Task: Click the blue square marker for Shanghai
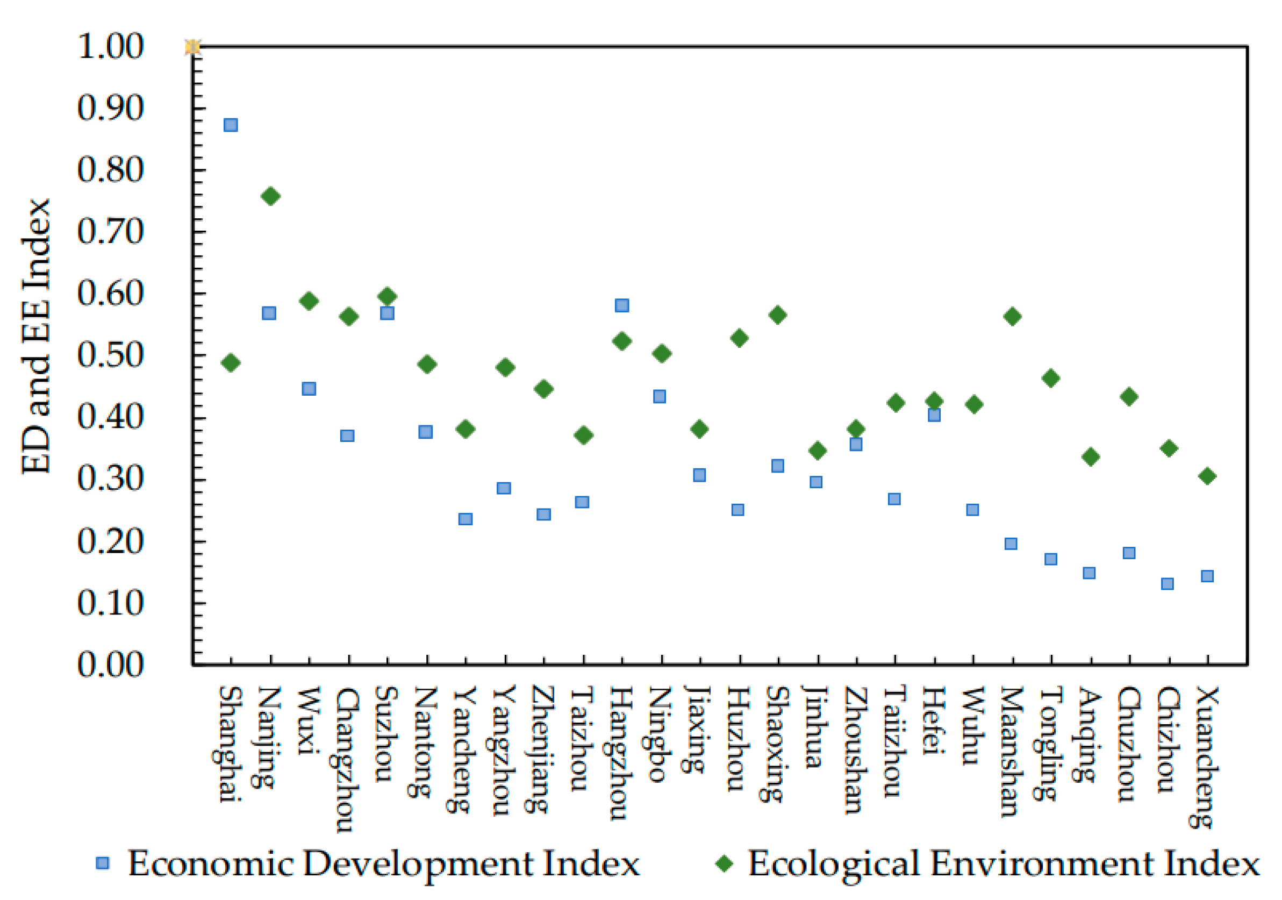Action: point(231,125)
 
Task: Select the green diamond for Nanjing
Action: point(270,197)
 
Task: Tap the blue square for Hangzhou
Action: point(621,305)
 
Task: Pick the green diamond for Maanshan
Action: point(1012,317)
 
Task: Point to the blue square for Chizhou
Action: point(1167,584)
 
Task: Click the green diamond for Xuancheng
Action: point(1207,476)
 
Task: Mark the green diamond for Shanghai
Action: point(231,363)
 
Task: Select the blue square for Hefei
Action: point(934,416)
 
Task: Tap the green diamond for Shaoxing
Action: point(777,316)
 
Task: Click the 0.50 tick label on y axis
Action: point(111,356)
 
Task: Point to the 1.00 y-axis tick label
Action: point(111,47)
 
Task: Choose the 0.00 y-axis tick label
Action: point(111,665)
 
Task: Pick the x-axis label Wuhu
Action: point(972,725)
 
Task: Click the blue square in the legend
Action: point(102,863)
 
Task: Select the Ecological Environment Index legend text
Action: point(1004,863)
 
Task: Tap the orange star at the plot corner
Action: point(192,47)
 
